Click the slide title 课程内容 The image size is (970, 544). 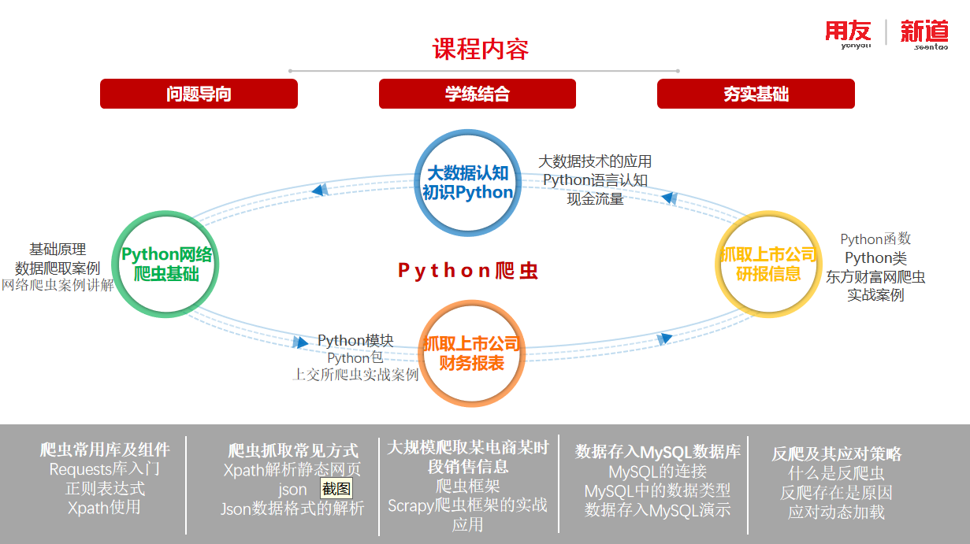(x=480, y=49)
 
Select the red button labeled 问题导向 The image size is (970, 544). (x=199, y=94)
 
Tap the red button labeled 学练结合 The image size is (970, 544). (x=477, y=94)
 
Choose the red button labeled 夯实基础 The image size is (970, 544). (x=756, y=94)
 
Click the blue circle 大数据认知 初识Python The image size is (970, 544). (x=467, y=182)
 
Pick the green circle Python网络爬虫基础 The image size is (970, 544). (x=165, y=264)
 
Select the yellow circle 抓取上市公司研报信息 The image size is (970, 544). (x=768, y=264)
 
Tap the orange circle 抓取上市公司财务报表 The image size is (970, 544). (x=471, y=353)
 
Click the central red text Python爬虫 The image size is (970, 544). (x=468, y=271)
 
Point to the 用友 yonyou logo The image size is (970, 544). (x=848, y=34)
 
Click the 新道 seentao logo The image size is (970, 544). (x=924, y=34)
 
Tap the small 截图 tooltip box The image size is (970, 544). (x=336, y=489)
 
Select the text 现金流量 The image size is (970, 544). (x=595, y=199)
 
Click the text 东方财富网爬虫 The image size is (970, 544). (x=875, y=277)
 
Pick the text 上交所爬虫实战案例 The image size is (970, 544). (x=355, y=375)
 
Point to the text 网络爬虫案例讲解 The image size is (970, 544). (x=58, y=285)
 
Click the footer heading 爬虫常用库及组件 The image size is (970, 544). (x=105, y=450)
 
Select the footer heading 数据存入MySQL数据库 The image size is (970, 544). (x=657, y=452)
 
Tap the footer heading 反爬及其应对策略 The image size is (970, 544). (x=836, y=454)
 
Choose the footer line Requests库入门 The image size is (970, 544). (x=105, y=469)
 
